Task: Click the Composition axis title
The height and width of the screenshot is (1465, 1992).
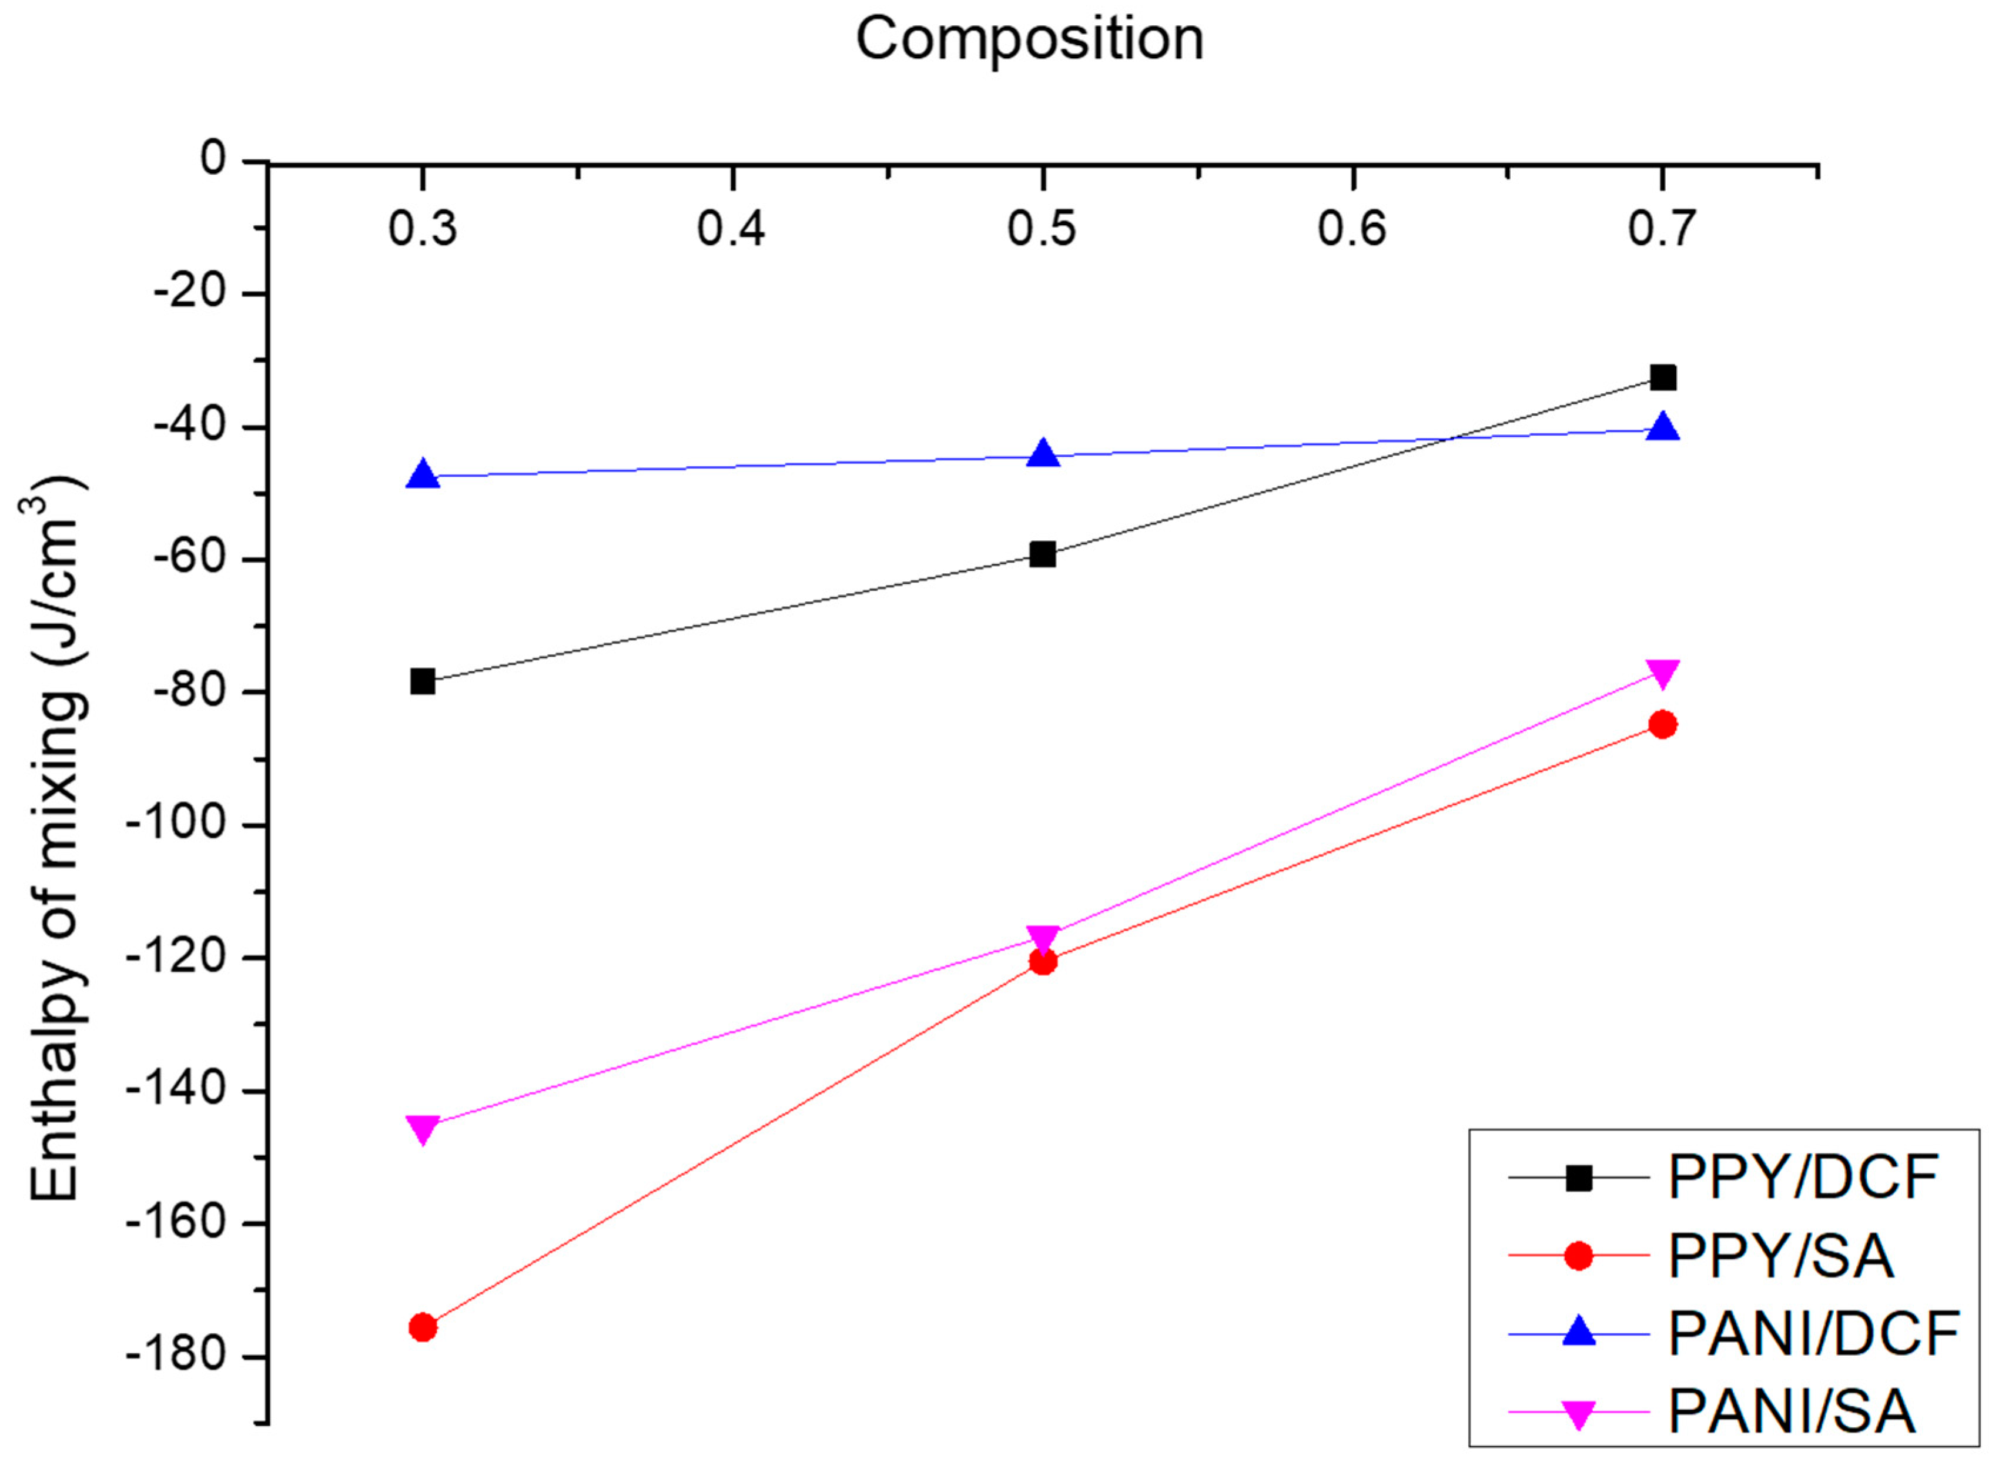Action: [x=1029, y=40]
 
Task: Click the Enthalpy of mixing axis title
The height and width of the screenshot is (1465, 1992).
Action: [x=56, y=838]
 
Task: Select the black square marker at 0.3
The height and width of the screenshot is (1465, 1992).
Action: [x=423, y=682]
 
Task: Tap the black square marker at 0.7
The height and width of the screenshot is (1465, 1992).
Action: [x=1662, y=378]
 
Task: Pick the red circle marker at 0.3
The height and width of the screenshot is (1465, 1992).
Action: [x=423, y=1327]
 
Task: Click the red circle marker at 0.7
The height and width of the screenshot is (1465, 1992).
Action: [x=1662, y=724]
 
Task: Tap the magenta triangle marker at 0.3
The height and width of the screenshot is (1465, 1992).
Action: [x=423, y=1129]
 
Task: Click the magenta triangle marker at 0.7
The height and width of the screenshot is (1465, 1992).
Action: [x=1662, y=674]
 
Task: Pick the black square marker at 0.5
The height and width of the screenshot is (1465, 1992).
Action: [x=1043, y=554]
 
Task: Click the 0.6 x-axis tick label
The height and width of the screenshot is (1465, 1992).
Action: [x=1351, y=229]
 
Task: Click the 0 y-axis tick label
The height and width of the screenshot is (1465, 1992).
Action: [x=213, y=160]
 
